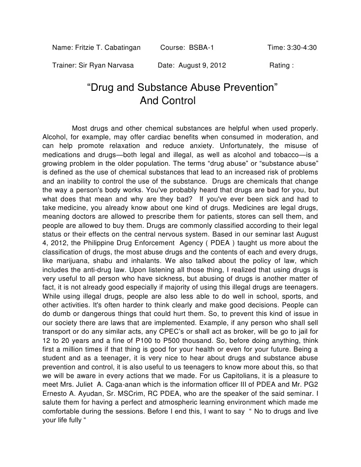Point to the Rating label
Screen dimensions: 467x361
click(280, 65)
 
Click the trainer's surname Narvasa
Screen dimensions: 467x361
click(119, 65)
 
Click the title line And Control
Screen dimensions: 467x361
click(167, 101)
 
